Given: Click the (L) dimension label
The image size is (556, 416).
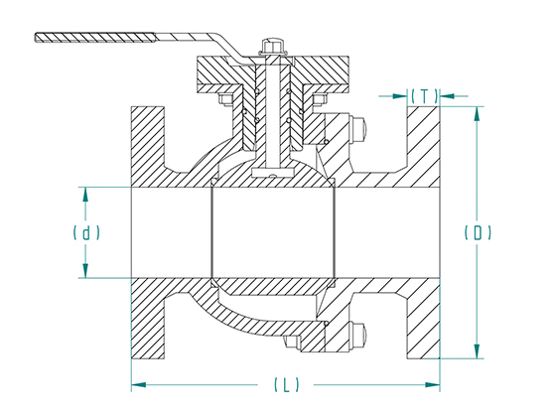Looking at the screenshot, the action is click(x=287, y=384).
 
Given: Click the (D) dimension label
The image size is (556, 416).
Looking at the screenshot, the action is click(x=478, y=233).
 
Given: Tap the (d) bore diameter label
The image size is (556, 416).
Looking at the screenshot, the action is click(x=86, y=233).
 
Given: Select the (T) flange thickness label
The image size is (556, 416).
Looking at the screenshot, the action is click(x=425, y=95).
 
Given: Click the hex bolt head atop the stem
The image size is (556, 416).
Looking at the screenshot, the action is click(x=271, y=46).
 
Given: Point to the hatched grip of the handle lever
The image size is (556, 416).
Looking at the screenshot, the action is click(x=95, y=38).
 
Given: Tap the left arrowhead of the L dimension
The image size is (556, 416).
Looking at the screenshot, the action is click(x=139, y=384).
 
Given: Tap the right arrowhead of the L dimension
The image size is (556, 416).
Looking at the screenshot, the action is click(x=432, y=384).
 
